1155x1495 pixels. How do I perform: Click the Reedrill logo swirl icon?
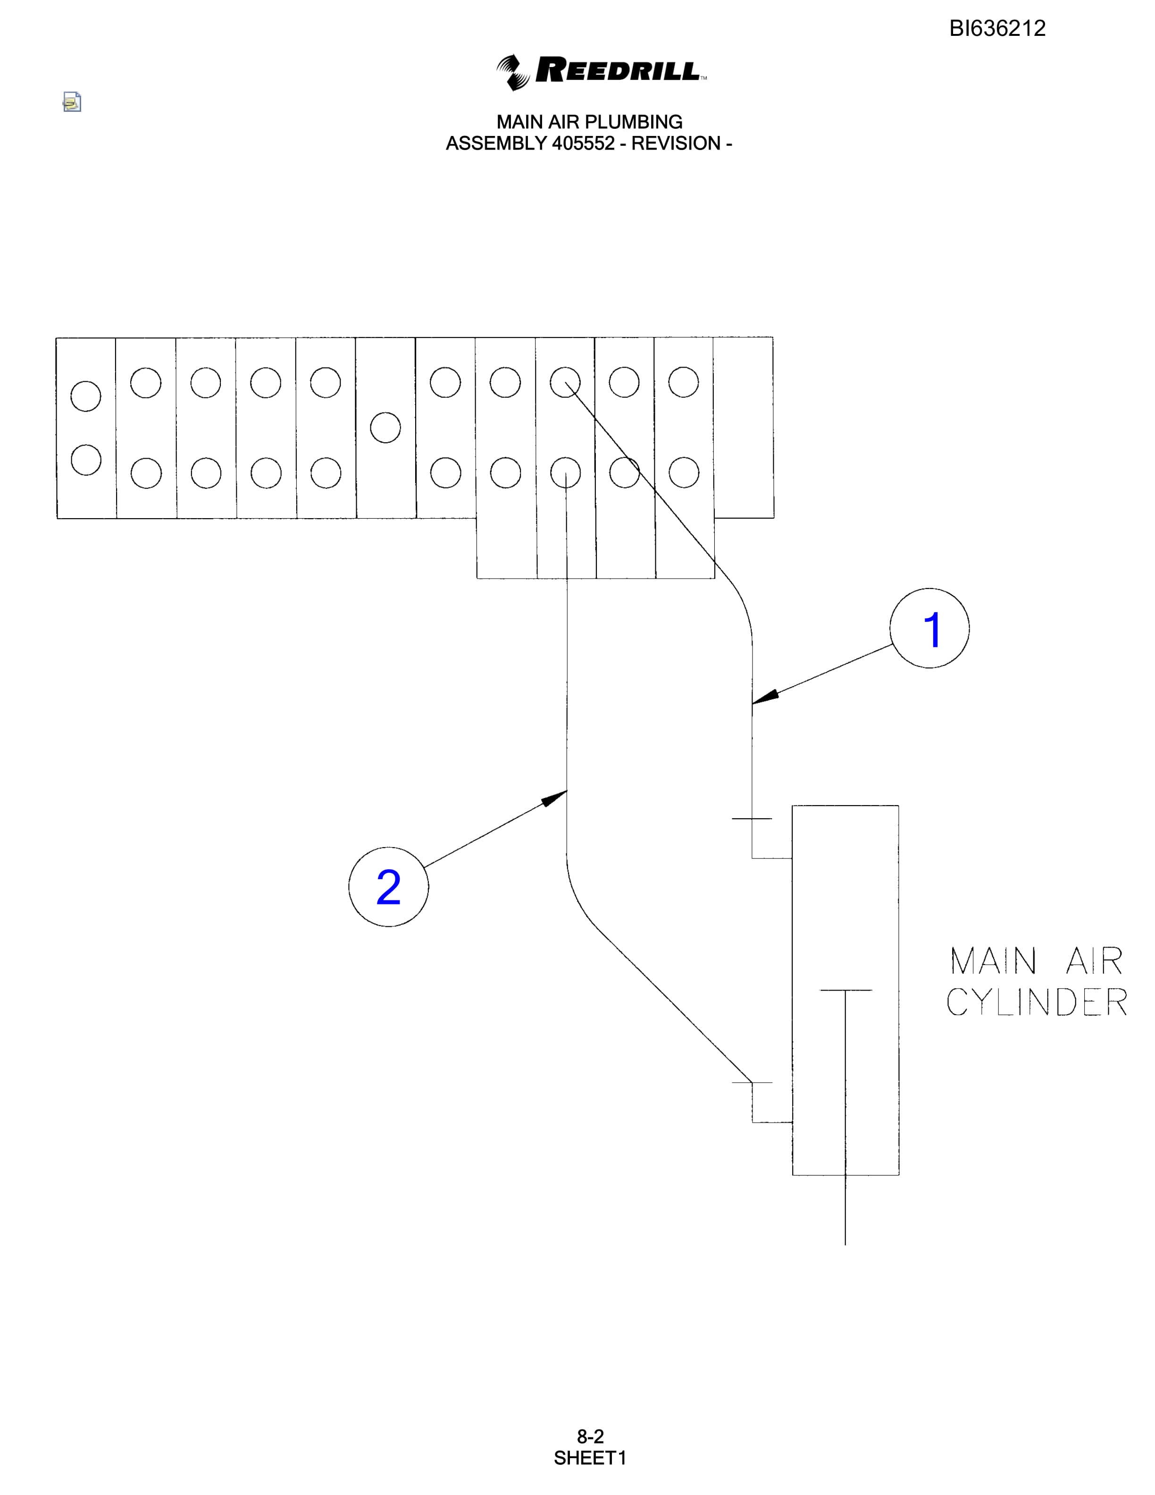point(513,72)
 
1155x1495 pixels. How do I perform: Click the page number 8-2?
point(590,1436)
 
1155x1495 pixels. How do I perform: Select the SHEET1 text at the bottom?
point(590,1458)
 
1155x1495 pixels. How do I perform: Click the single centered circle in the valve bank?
point(385,427)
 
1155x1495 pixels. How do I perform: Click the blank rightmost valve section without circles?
point(744,427)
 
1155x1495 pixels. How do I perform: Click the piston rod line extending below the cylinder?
point(845,1209)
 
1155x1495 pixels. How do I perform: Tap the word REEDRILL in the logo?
point(618,70)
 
